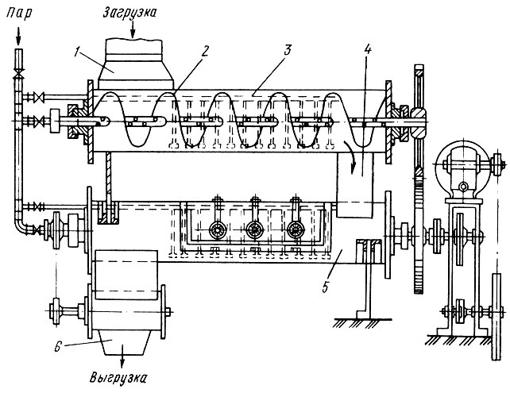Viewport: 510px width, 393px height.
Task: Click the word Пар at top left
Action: [x=19, y=14]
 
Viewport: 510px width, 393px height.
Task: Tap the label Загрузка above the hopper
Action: [x=129, y=13]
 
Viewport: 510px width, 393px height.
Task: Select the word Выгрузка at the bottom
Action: [x=118, y=378]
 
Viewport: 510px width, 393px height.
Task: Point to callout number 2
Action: [x=205, y=51]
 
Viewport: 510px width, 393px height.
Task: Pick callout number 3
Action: [x=288, y=52]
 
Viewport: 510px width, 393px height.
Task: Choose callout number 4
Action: [x=368, y=50]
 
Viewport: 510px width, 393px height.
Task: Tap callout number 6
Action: [x=57, y=347]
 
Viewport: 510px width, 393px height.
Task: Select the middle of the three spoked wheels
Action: [x=255, y=229]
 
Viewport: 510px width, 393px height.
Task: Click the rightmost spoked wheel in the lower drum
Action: [x=296, y=229]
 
